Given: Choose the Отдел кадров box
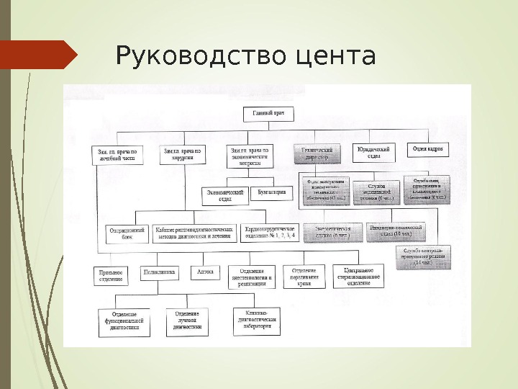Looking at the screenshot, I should [427, 150].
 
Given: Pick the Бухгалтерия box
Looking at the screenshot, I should [273, 192].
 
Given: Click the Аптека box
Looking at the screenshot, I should [206, 272].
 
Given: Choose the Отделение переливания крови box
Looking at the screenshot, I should [304, 275].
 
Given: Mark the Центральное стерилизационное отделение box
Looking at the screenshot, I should [358, 274].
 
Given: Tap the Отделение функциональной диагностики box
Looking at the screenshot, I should [124, 321].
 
